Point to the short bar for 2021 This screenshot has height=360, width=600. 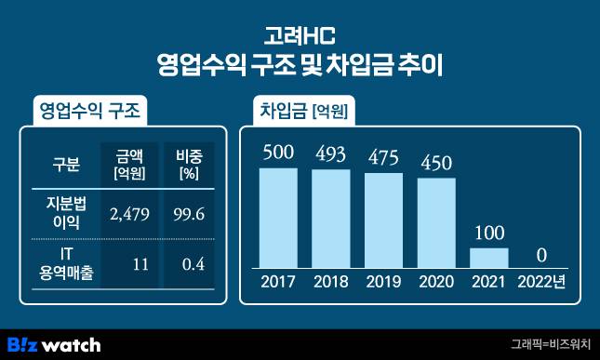click(489, 256)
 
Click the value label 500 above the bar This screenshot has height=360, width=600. click(278, 152)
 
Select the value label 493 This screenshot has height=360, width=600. click(330, 153)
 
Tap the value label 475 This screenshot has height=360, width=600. click(383, 155)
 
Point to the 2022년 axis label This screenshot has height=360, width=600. click(542, 282)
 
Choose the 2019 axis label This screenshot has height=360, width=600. click(383, 282)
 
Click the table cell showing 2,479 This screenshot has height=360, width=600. click(127, 214)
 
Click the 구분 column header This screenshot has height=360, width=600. click(66, 166)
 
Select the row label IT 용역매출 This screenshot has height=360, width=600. click(65, 264)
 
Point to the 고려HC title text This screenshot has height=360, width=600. click(300, 37)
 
